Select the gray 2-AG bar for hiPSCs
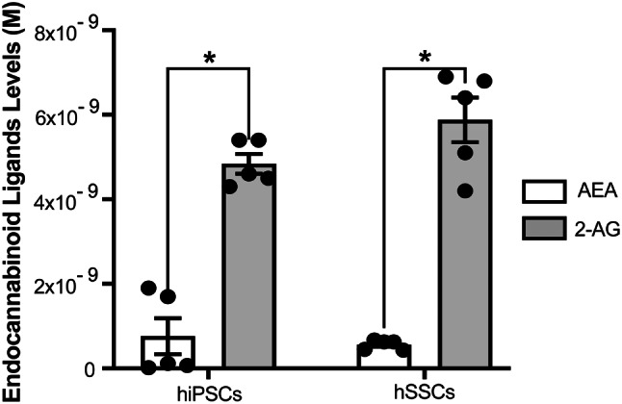(248, 269)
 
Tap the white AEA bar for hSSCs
(384, 355)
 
